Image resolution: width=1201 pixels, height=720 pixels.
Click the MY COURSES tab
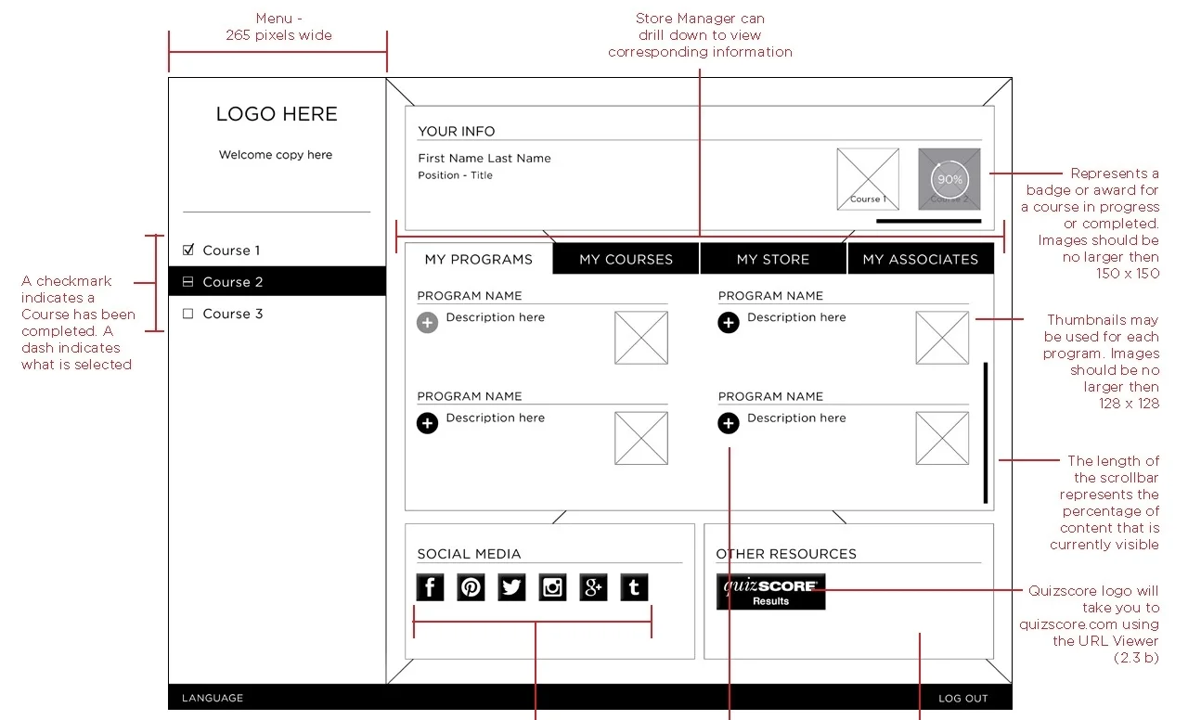tap(626, 259)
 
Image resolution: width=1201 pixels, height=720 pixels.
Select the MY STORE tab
tap(773, 259)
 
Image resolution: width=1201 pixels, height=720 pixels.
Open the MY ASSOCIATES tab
tap(920, 259)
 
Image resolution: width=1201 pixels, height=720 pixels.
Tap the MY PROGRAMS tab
tap(478, 259)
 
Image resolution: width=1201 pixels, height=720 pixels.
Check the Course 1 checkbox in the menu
tap(188, 250)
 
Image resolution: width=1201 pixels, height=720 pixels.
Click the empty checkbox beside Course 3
tap(188, 314)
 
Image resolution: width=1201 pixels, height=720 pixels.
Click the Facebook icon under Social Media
tap(430, 587)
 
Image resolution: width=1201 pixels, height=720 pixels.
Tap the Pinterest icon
tap(471, 587)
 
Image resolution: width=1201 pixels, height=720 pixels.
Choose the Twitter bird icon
tap(511, 587)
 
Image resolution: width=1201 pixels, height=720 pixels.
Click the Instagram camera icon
tap(552, 587)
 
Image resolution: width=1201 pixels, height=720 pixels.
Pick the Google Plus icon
tap(593, 587)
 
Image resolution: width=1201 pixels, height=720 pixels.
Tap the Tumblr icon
tap(634, 587)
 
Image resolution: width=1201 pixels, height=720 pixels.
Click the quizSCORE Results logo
tap(770, 591)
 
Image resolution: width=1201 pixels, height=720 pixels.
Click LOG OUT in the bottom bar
tap(962, 698)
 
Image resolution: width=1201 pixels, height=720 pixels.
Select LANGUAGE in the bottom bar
tap(213, 698)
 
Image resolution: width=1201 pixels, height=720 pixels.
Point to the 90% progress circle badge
tap(949, 179)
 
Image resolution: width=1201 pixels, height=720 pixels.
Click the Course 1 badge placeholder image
tap(867, 178)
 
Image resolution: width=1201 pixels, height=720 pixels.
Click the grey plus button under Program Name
tap(427, 323)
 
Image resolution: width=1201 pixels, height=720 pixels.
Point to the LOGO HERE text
tap(277, 114)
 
